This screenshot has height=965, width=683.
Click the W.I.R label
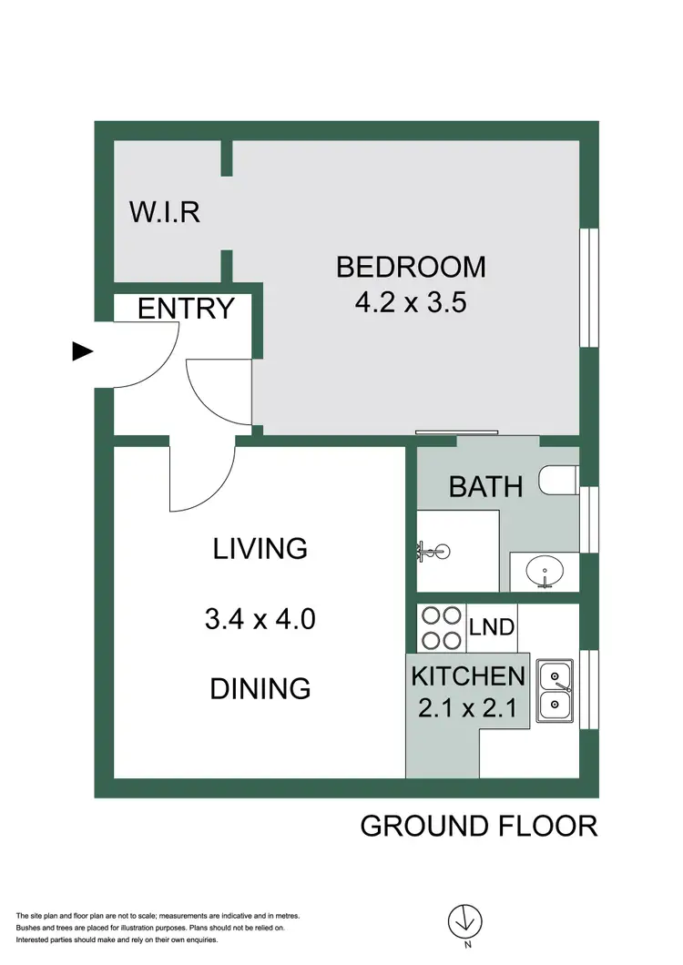tap(164, 212)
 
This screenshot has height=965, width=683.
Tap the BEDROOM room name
tap(411, 267)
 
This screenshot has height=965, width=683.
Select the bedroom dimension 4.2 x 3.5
tap(411, 302)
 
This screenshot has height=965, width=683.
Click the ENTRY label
tap(186, 309)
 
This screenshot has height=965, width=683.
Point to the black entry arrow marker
tap(83, 351)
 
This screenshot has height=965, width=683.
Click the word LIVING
tap(260, 549)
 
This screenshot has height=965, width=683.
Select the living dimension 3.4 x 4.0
tap(260, 621)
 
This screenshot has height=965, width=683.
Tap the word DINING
tap(260, 688)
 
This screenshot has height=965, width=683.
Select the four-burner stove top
tap(442, 626)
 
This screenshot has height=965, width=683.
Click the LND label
tap(492, 626)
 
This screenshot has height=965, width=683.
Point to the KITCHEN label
tap(468, 676)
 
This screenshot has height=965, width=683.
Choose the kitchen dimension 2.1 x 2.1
tap(468, 707)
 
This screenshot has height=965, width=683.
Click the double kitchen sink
tap(554, 691)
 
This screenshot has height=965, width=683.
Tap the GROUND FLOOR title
tap(479, 826)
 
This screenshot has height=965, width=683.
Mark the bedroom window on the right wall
tap(589, 287)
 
